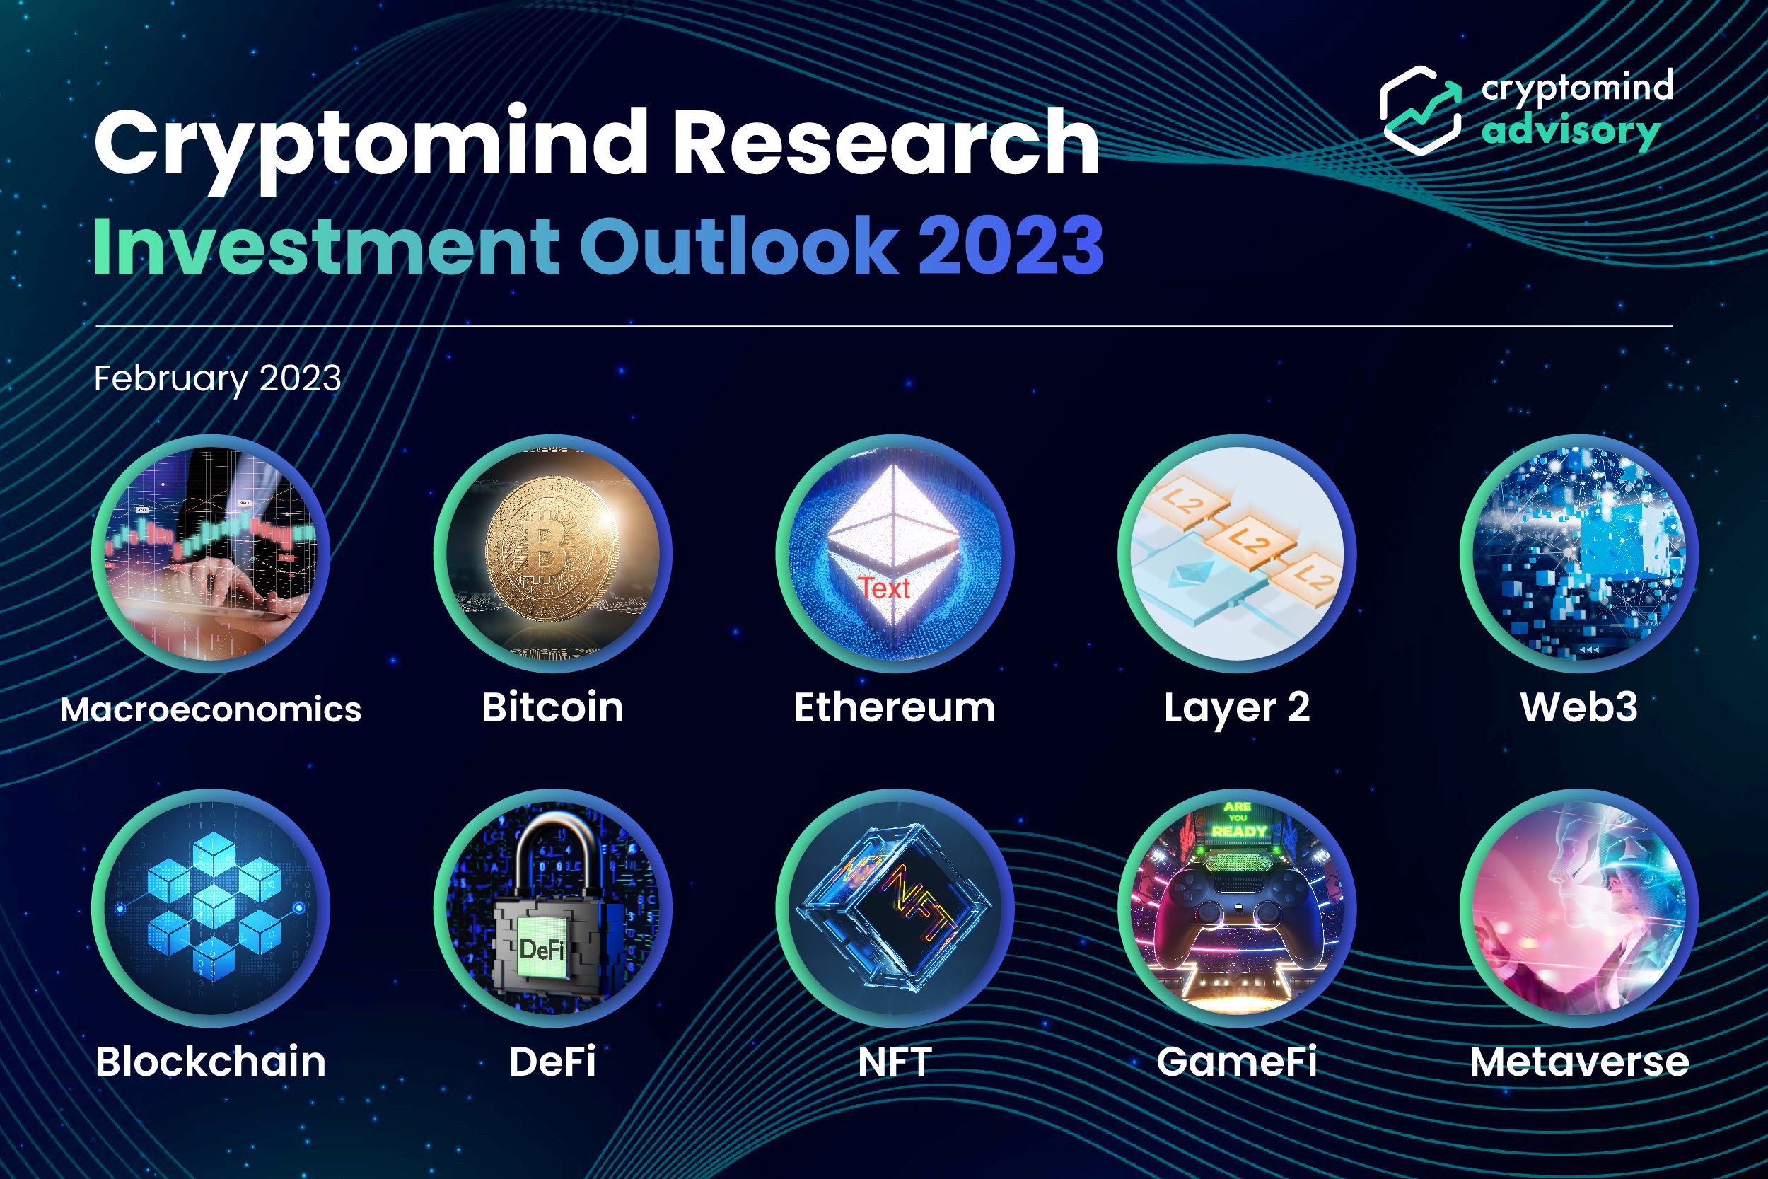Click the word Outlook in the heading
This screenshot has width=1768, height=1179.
tap(738, 245)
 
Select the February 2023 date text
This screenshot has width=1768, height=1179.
tap(217, 378)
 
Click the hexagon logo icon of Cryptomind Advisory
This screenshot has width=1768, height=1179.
tap(1419, 110)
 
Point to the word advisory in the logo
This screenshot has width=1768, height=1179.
tap(1571, 131)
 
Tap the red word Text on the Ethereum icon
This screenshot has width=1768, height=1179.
tap(885, 588)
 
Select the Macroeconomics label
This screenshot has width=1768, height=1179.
tap(211, 709)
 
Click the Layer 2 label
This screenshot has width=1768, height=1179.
tap(1237, 708)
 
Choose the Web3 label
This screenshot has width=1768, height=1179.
tap(1578, 707)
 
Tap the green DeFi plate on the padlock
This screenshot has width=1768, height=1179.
tap(541, 948)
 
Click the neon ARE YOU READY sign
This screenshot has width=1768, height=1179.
tap(1238, 819)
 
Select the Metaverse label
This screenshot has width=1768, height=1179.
tap(1579, 1061)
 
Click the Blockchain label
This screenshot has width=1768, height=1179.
tap(211, 1061)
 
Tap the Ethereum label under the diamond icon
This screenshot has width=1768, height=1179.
tap(895, 707)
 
